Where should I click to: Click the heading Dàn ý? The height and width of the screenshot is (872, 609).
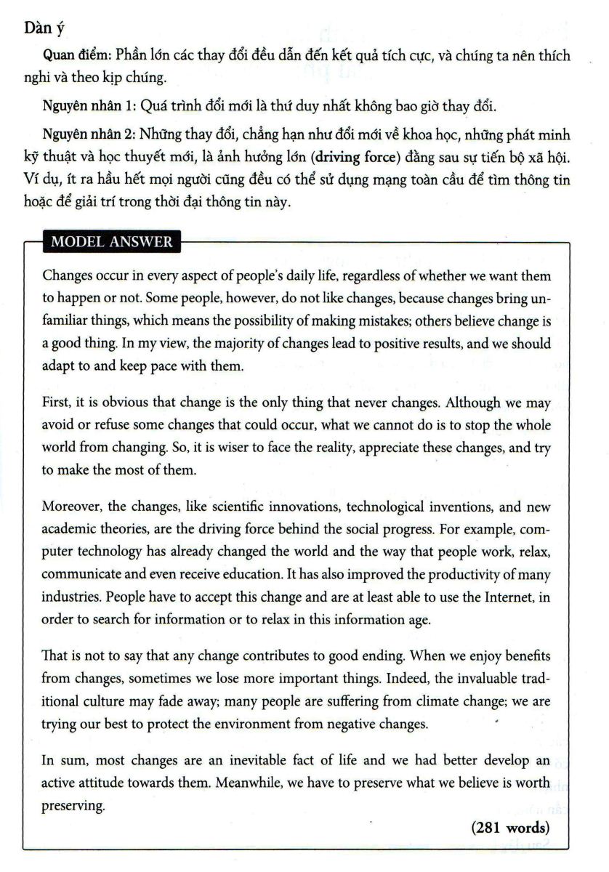coord(44,28)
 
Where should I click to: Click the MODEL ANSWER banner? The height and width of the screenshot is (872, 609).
coord(111,242)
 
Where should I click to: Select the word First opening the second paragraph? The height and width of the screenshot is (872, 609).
coord(55,403)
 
